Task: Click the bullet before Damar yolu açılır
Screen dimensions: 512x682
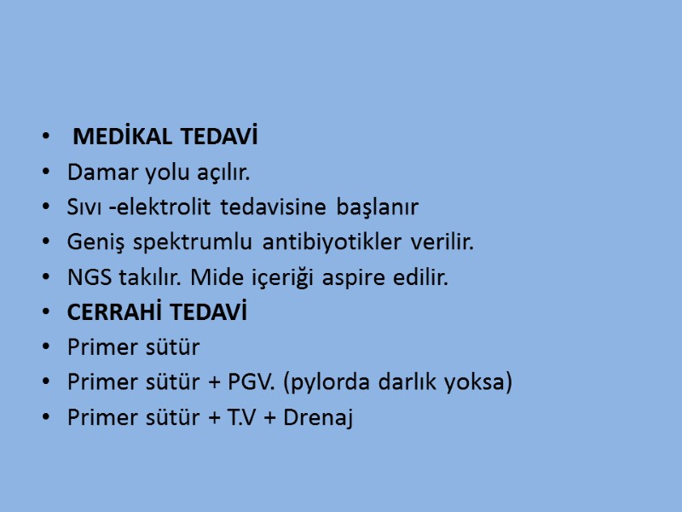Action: [x=44, y=173]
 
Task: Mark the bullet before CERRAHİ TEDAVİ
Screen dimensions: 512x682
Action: [x=44, y=313]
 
